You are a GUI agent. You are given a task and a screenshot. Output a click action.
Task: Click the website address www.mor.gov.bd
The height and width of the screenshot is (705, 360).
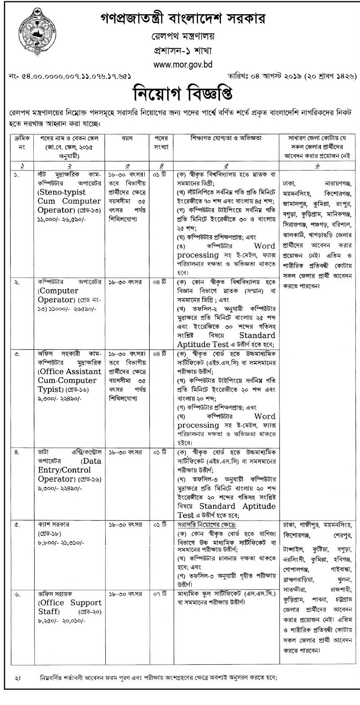click(x=183, y=64)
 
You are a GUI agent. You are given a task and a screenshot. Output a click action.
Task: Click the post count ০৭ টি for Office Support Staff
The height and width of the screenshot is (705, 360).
click(x=159, y=594)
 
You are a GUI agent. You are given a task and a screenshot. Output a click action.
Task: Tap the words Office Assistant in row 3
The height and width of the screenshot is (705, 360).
click(x=70, y=371)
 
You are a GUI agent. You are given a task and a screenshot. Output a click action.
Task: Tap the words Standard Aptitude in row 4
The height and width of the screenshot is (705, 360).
click(x=237, y=506)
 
